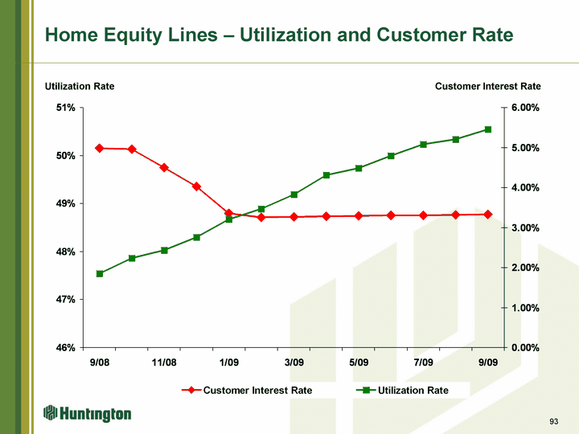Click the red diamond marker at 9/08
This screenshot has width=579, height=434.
(x=100, y=149)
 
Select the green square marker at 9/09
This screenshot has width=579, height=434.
(x=488, y=129)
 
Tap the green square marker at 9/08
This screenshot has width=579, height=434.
(x=100, y=274)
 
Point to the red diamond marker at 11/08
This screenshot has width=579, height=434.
(x=164, y=167)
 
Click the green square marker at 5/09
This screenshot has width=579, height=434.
(x=359, y=168)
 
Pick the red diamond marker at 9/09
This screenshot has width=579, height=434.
(x=488, y=215)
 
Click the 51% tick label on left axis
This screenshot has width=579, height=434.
(x=66, y=108)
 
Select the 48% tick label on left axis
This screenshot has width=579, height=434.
(x=66, y=252)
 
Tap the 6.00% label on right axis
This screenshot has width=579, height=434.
(x=525, y=108)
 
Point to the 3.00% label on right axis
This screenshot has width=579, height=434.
(x=525, y=227)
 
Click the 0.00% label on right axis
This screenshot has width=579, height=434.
(x=525, y=348)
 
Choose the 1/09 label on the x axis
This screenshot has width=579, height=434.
(x=229, y=362)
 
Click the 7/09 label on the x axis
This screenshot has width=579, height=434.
(x=423, y=362)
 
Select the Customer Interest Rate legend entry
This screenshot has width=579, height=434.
(x=247, y=391)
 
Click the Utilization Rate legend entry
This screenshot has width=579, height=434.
(x=402, y=391)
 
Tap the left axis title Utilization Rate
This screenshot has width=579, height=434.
(x=80, y=86)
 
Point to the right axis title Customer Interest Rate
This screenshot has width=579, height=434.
(x=488, y=86)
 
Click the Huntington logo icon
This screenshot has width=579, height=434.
(x=51, y=413)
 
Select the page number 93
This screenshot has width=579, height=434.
(x=553, y=421)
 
